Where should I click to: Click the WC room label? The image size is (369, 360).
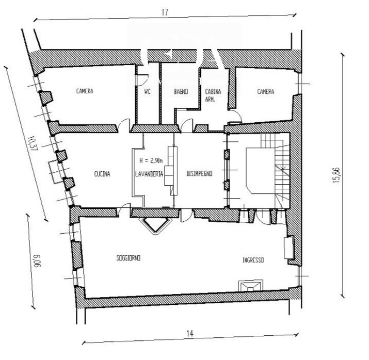pyautogui.click(x=147, y=91)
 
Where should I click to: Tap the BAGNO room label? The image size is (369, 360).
pyautogui.click(x=181, y=91)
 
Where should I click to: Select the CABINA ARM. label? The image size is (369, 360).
pyautogui.click(x=213, y=95)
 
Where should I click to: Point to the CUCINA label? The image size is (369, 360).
pyautogui.click(x=102, y=174)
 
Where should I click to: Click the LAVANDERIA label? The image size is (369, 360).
pyautogui.click(x=149, y=174)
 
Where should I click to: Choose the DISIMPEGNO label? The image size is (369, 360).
pyautogui.click(x=199, y=173)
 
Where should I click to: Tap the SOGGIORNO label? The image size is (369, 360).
pyautogui.click(x=129, y=258)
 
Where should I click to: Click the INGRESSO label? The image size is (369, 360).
pyautogui.click(x=253, y=260)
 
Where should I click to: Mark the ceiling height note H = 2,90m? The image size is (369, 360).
pyautogui.click(x=151, y=160)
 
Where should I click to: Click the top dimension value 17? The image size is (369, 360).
pyautogui.click(x=165, y=12)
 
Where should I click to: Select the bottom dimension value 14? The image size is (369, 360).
pyautogui.click(x=190, y=334)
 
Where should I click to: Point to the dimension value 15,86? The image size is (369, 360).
pyautogui.click(x=336, y=175)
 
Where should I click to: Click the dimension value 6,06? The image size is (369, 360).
pyautogui.click(x=37, y=261)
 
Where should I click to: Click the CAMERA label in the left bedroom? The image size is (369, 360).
pyautogui.click(x=85, y=91)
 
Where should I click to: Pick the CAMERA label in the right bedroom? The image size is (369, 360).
pyautogui.click(x=266, y=91)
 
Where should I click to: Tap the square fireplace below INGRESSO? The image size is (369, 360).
pyautogui.click(x=250, y=286)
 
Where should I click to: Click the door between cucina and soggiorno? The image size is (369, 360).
pyautogui.click(x=123, y=210)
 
